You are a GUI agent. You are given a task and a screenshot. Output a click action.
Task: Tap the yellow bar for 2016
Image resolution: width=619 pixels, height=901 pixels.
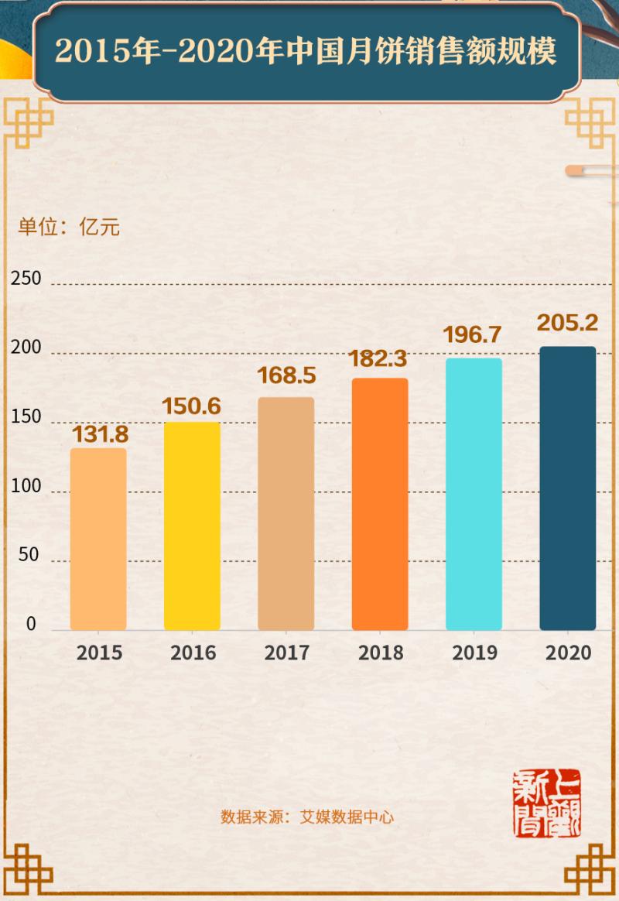click(192, 526)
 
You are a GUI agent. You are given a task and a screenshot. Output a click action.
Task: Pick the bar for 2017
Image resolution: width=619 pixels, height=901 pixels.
click(286, 513)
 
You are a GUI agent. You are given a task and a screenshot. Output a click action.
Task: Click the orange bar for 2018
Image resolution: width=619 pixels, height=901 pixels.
click(380, 504)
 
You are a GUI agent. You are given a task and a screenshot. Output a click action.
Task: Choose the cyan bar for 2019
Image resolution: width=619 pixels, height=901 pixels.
click(474, 494)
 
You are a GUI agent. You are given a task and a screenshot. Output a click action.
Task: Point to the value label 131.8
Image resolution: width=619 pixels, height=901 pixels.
click(100, 434)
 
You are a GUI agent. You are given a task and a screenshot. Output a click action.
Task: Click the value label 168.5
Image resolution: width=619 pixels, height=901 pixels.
click(286, 376)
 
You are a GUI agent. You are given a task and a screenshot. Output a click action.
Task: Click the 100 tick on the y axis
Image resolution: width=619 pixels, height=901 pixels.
click(26, 487)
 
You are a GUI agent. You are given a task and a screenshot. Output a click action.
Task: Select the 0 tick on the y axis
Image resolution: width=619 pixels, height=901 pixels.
click(32, 624)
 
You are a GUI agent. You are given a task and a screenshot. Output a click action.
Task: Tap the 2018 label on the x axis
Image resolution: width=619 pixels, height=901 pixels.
click(380, 653)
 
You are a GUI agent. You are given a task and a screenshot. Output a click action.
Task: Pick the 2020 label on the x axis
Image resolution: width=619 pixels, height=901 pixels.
click(568, 653)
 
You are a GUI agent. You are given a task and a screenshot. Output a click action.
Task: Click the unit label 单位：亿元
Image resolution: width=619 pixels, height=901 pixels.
click(69, 228)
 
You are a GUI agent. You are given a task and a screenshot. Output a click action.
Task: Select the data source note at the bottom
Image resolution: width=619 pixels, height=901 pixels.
click(309, 817)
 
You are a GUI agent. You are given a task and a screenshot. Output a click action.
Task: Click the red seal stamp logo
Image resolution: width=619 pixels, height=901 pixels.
click(548, 803)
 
